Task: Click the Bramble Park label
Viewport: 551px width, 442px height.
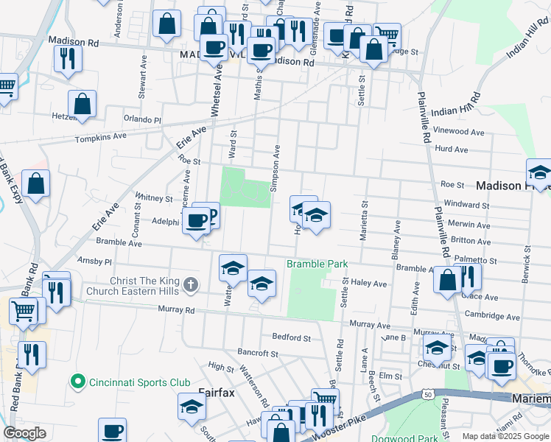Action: tap(316, 264)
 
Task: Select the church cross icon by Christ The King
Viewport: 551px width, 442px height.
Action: tap(190, 284)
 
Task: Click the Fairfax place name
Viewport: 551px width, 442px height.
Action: tap(216, 393)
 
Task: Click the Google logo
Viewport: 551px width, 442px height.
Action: tap(25, 433)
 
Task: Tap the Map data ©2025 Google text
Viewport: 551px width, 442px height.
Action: tap(505, 436)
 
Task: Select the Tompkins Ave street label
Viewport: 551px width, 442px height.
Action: tap(100, 137)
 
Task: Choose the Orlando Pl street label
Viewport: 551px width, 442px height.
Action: tap(141, 119)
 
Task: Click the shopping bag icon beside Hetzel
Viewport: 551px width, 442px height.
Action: tap(83, 105)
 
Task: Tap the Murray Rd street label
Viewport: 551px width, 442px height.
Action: tap(178, 311)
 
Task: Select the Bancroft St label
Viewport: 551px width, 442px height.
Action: tap(258, 353)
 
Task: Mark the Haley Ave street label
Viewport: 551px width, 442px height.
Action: tap(368, 283)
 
